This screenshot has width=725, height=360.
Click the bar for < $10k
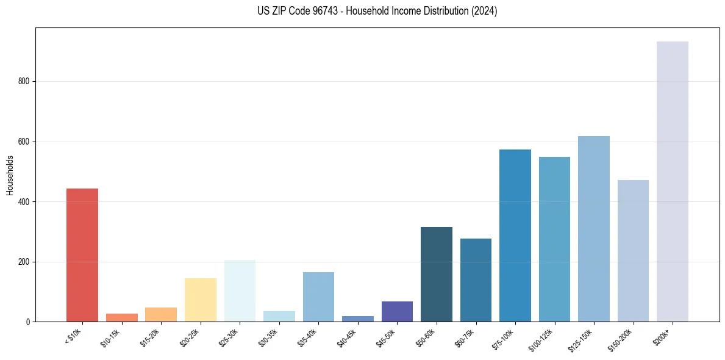(x=82, y=255)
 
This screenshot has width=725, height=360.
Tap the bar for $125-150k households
(x=594, y=229)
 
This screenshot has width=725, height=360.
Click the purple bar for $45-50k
(x=397, y=312)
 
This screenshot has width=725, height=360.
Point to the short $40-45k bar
(x=358, y=319)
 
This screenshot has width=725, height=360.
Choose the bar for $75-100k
(x=515, y=236)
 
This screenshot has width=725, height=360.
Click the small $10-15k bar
(x=122, y=317)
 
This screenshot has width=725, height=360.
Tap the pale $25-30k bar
(x=240, y=291)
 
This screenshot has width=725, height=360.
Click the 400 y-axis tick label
(x=28, y=202)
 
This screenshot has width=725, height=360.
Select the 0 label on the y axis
(x=30, y=322)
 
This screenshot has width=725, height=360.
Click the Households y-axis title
(x=10, y=175)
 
